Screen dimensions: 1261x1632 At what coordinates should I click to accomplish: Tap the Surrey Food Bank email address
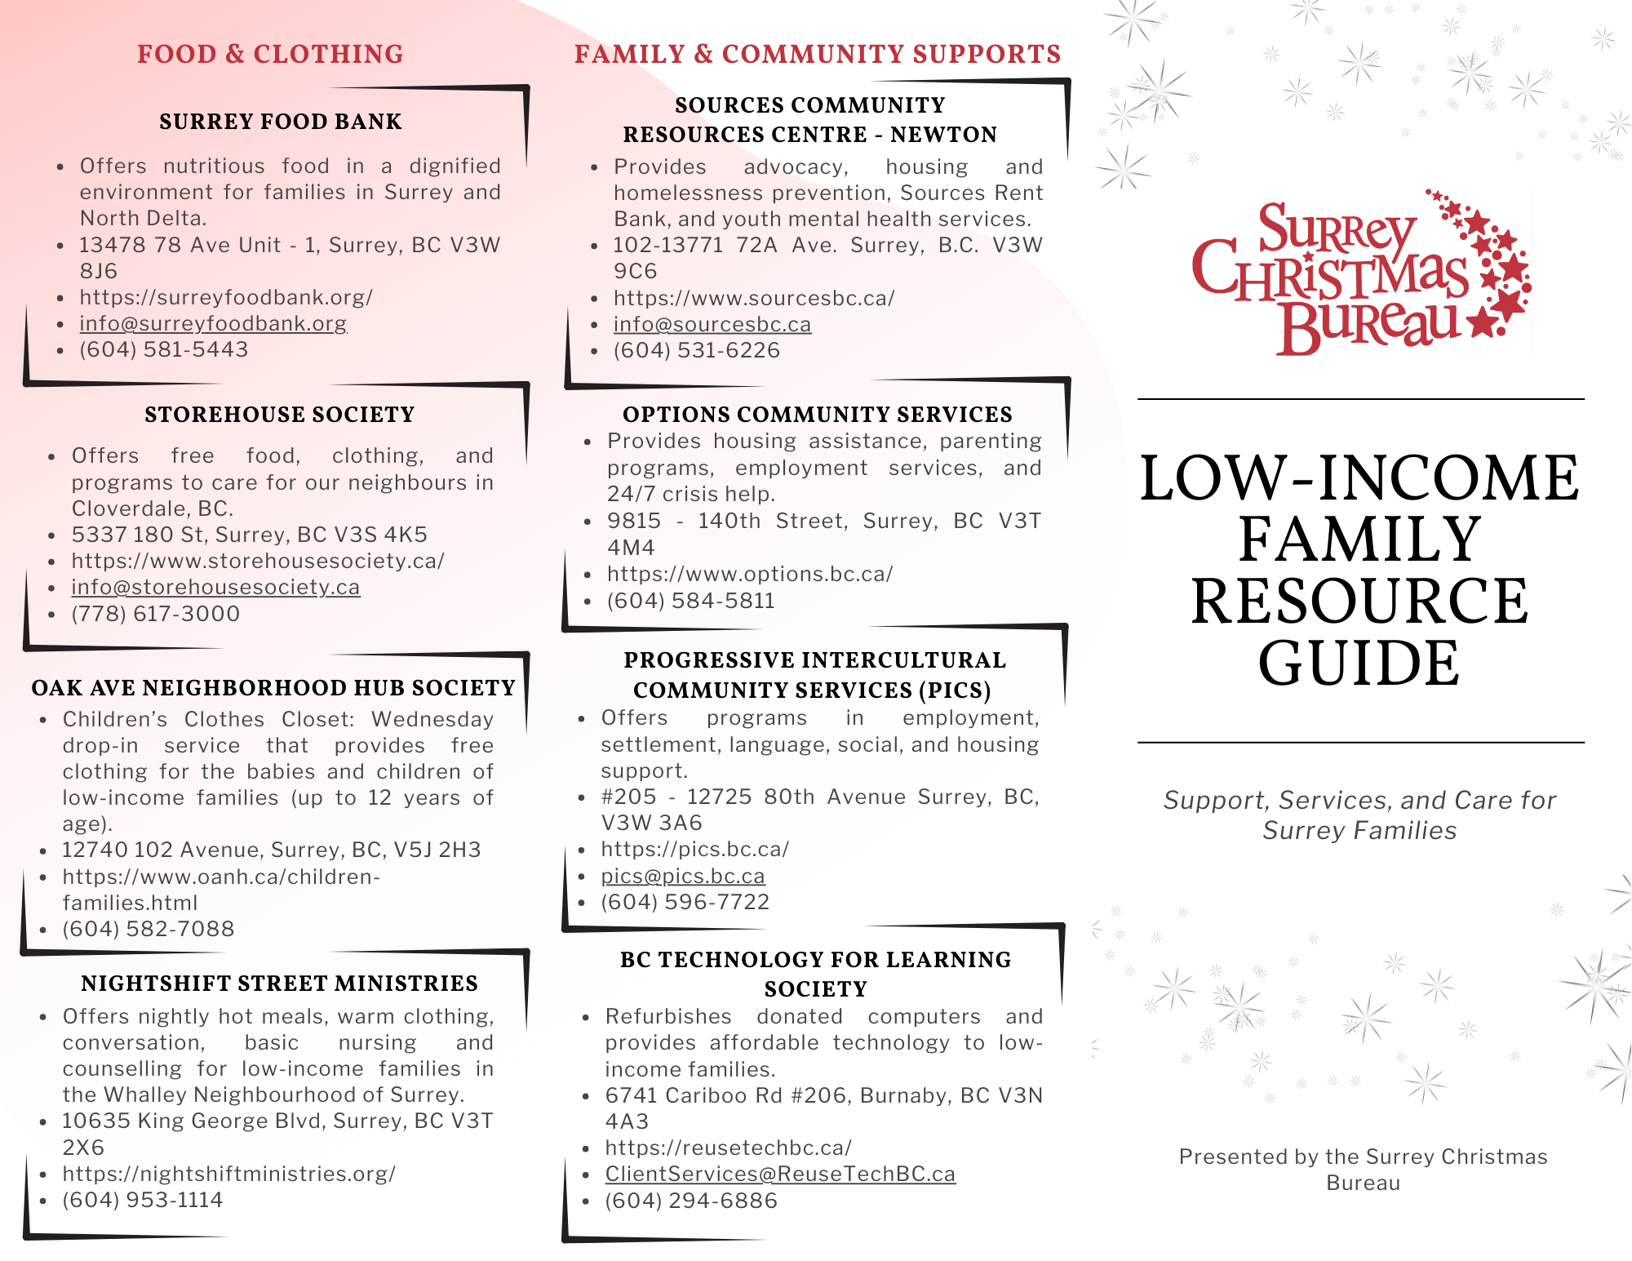213,324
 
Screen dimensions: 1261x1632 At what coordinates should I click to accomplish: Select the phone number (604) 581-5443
163,350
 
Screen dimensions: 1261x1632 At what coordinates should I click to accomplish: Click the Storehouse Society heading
280,415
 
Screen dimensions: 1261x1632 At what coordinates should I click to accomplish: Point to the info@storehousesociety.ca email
215,588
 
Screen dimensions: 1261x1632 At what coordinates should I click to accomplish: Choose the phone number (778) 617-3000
156,614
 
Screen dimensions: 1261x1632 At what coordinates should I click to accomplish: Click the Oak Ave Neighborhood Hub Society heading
273,688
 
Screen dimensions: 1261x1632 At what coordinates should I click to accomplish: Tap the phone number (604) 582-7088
149,930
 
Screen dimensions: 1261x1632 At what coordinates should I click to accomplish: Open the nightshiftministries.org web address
229,1174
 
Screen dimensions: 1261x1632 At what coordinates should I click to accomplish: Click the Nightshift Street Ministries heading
279,983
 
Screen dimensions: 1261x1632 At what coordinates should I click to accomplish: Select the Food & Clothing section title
270,55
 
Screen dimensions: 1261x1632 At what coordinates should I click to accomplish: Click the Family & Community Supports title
818,55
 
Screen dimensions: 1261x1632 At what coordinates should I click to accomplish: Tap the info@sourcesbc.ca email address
712,325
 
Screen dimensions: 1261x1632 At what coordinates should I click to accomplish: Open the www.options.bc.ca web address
750,575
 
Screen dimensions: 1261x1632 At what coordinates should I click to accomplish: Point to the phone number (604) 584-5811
691,602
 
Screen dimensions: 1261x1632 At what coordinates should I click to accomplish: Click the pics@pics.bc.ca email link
683,877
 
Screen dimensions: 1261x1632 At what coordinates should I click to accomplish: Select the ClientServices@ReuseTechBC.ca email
780,1174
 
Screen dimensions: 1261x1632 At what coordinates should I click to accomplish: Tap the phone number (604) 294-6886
691,1201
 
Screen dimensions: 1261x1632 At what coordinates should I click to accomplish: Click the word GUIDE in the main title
1359,663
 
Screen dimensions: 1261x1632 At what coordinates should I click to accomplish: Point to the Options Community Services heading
817,415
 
